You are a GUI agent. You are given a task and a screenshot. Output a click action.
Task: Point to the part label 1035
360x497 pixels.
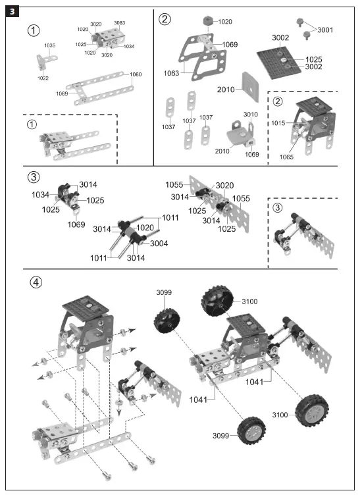pos(50,45)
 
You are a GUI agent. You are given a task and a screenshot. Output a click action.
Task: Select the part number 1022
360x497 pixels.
pos(43,78)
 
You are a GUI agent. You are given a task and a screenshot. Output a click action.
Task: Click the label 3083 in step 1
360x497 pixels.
pos(119,24)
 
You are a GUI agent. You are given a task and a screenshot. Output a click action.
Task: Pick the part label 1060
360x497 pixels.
pos(136,74)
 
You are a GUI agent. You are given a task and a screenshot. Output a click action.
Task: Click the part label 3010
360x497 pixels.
pos(250,114)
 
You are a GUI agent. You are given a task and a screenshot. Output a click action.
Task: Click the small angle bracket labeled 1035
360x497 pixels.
pos(40,63)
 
